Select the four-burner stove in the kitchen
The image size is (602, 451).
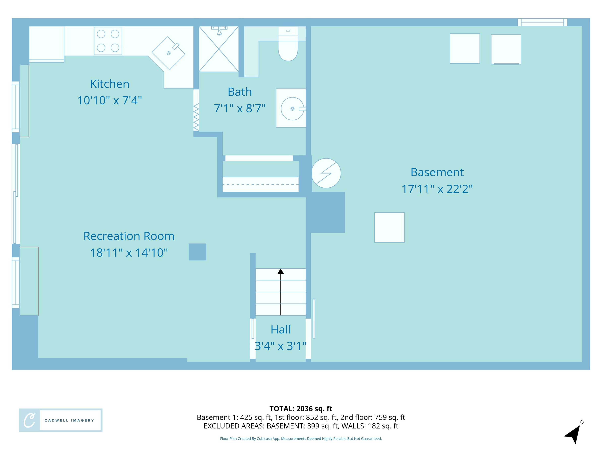click(x=108, y=41)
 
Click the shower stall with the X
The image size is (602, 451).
click(x=219, y=49)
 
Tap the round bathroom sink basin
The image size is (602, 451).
click(x=292, y=109)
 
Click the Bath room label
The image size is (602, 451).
click(x=240, y=92)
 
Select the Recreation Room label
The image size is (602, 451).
click(x=129, y=236)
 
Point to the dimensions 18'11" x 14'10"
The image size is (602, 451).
click(x=129, y=253)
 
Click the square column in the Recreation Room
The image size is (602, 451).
click(x=197, y=252)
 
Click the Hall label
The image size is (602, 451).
click(x=281, y=330)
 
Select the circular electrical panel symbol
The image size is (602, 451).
click(x=326, y=173)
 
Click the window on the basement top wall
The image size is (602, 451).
click(x=542, y=22)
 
